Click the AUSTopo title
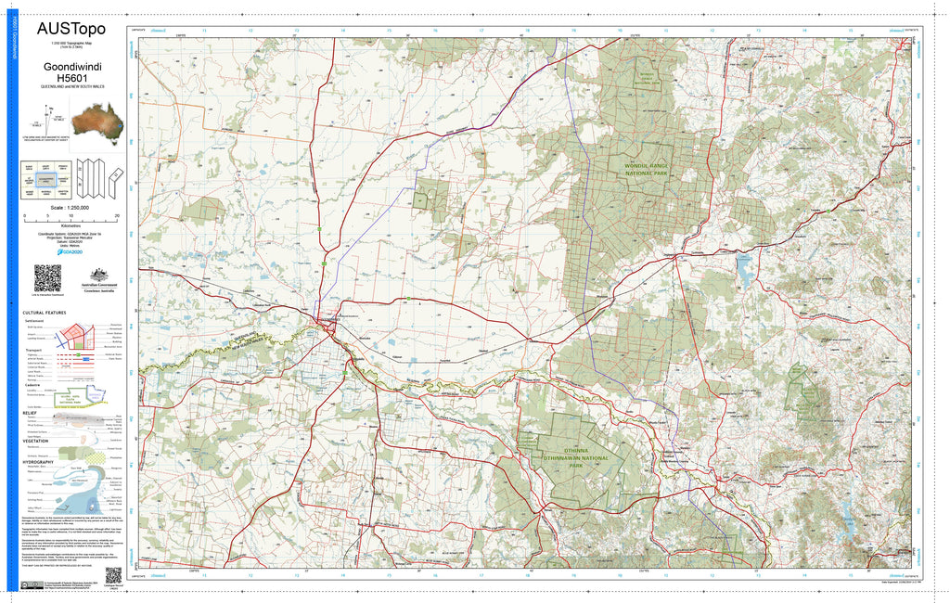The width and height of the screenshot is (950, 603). tap(71, 29)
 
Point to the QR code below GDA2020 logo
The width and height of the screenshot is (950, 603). tap(47, 277)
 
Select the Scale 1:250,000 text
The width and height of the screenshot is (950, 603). tap(71, 207)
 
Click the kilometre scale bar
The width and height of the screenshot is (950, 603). tap(71, 219)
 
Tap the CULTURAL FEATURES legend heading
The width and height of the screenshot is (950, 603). tap(45, 313)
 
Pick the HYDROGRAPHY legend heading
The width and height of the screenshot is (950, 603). tap(40, 461)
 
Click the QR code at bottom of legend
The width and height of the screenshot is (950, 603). tap(114, 574)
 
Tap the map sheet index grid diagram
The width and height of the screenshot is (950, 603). tap(46, 178)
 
